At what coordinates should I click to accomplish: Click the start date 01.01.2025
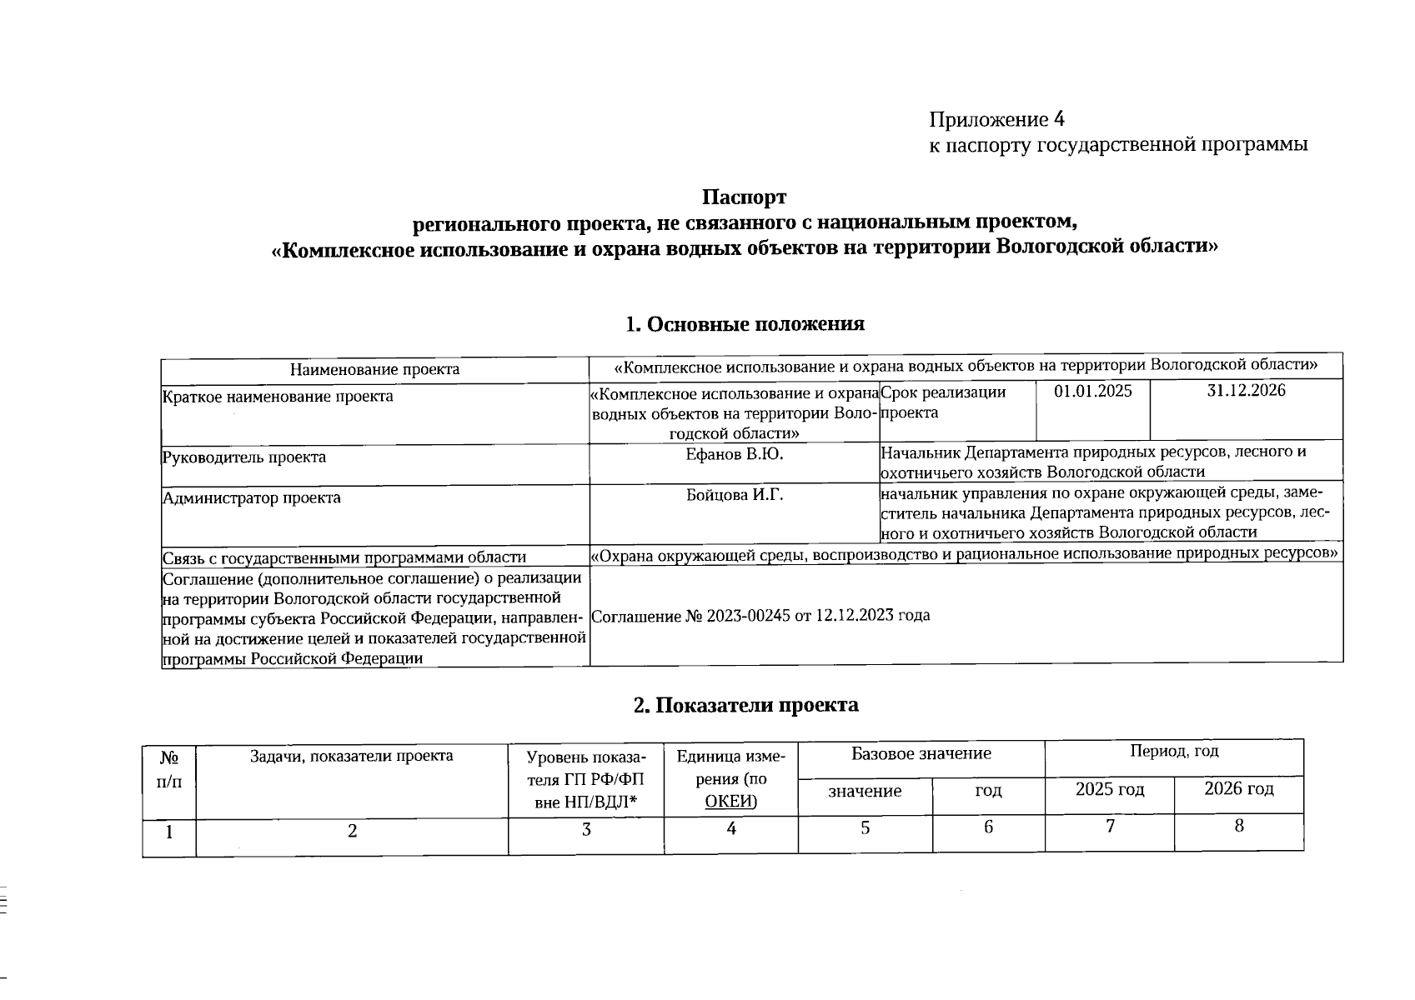(1092, 392)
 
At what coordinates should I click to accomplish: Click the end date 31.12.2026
(1246, 391)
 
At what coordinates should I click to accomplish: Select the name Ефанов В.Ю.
(734, 455)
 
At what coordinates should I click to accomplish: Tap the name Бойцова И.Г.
(734, 496)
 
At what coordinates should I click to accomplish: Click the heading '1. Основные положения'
(745, 324)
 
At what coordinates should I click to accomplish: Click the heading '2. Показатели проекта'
(745, 705)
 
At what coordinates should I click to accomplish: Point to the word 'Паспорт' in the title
(744, 198)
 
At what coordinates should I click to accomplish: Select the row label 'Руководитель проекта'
(244, 457)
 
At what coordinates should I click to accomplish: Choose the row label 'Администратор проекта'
(251, 498)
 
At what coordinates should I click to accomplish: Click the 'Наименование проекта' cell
(374, 369)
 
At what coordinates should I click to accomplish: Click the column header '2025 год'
(1109, 789)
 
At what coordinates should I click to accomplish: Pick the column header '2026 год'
(1238, 788)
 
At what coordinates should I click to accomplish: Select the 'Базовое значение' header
(921, 754)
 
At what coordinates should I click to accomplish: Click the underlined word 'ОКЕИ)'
(730, 802)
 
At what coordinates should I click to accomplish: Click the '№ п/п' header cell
(169, 770)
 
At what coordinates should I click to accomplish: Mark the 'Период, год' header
(1173, 752)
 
